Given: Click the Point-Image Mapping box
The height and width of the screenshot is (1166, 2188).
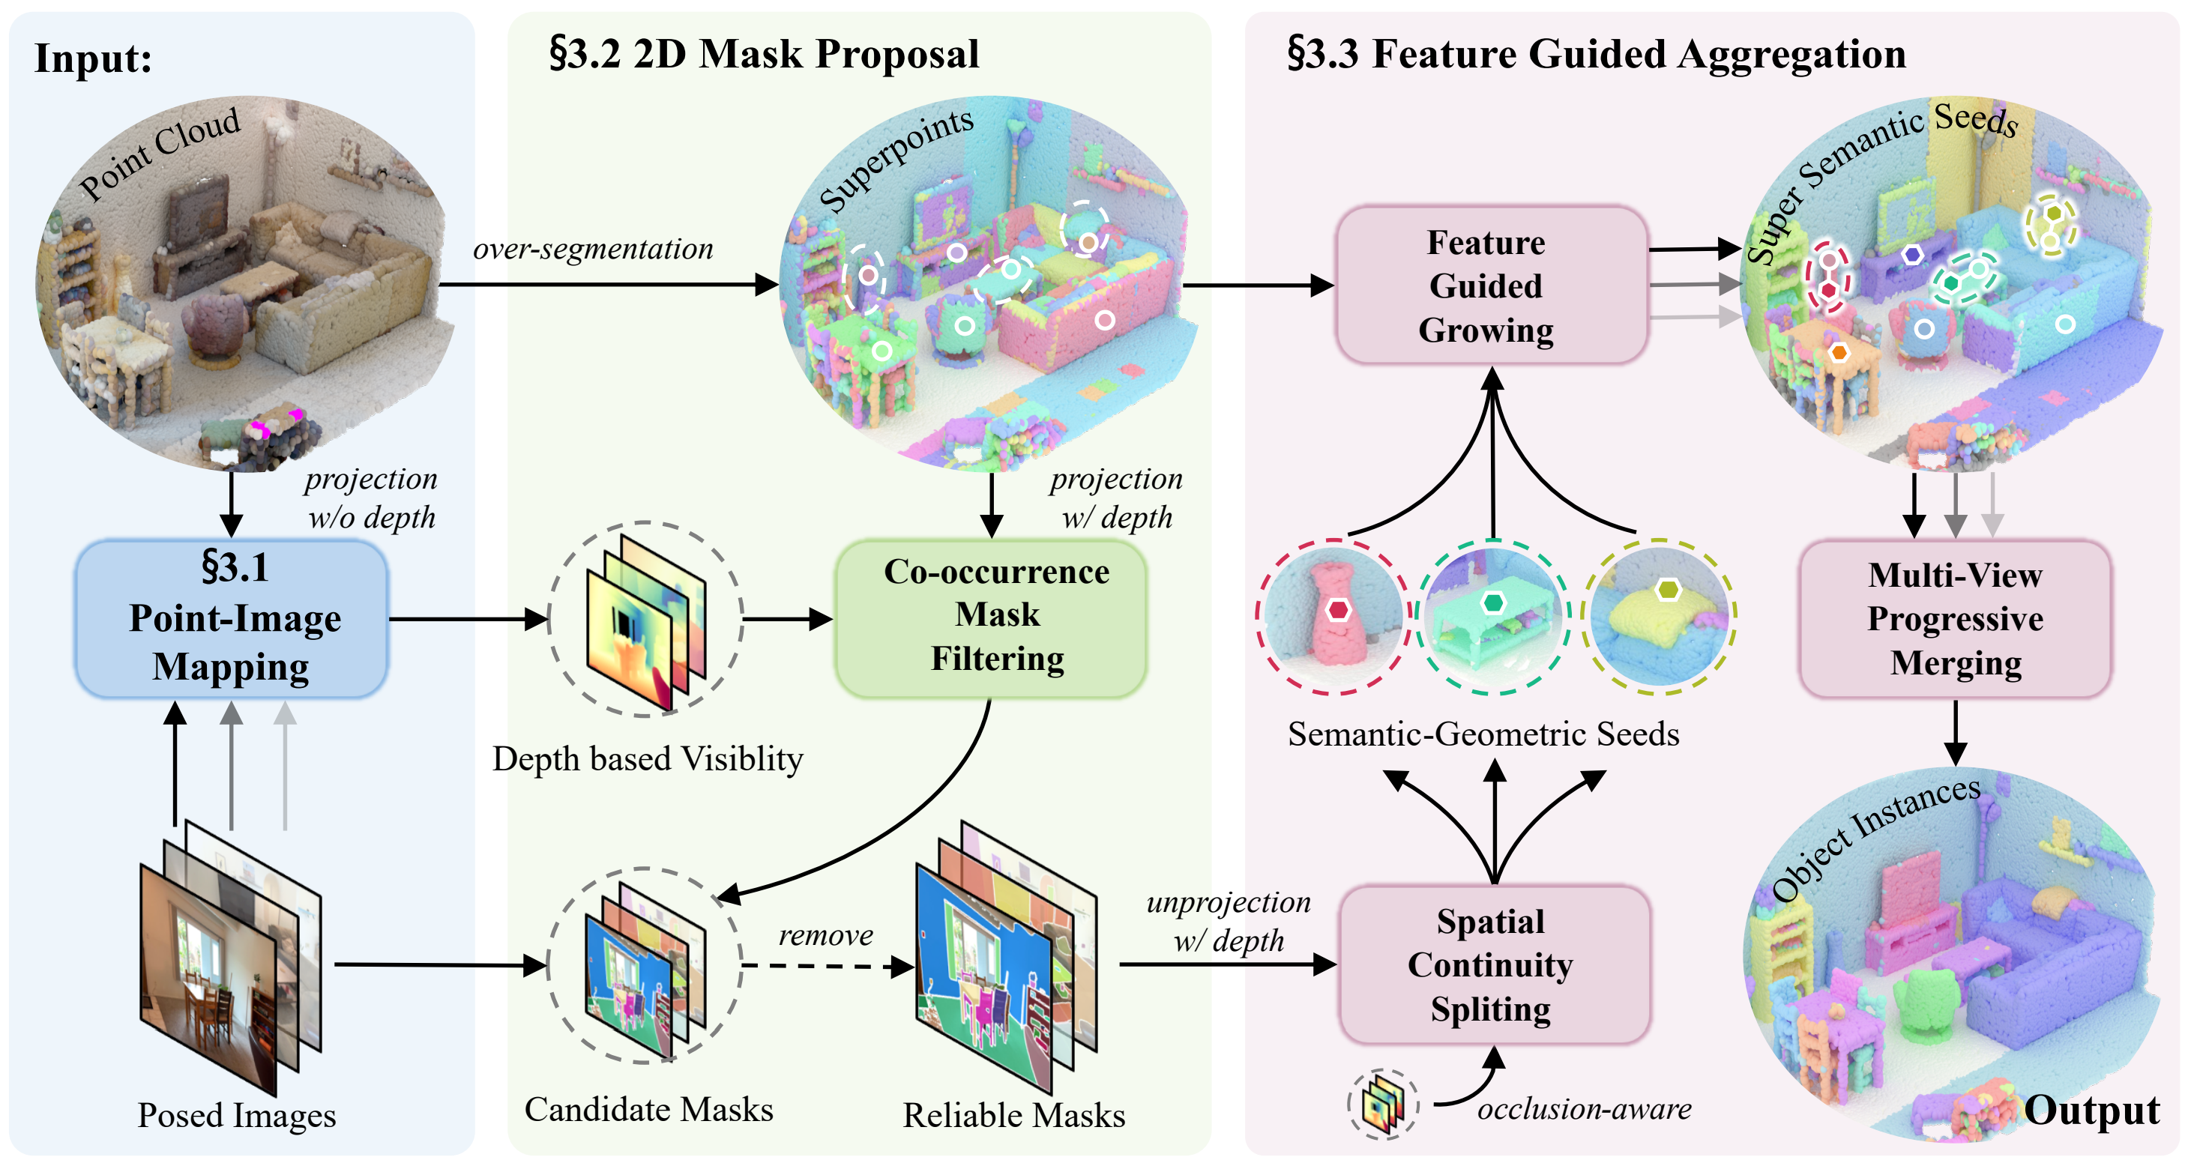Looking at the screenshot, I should (232, 618).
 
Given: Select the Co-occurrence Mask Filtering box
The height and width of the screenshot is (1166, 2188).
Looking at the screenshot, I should (991, 618).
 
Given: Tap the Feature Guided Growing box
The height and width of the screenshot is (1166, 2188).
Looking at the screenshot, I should (1492, 286).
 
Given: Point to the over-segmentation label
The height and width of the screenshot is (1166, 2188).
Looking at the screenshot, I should (593, 249).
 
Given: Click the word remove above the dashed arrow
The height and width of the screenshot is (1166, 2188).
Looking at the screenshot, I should (825, 935).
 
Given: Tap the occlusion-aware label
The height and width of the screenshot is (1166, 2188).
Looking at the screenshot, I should (1584, 1108).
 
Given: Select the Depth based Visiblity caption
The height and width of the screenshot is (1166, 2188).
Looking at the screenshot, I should (647, 758).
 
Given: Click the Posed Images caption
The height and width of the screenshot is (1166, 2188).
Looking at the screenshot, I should (237, 1115).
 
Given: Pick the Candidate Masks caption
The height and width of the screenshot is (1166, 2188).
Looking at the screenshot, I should (649, 1109).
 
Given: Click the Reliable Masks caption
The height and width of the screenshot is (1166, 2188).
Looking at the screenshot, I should (1014, 1115).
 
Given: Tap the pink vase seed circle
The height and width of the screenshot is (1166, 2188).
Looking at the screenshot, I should (1333, 617).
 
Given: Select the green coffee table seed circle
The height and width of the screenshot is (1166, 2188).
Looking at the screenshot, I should (1492, 617).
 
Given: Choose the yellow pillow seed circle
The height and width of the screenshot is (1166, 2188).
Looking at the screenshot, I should (1659, 617).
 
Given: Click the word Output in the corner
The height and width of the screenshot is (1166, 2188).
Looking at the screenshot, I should (2091, 1110).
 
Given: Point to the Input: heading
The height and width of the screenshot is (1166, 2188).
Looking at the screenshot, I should (94, 59).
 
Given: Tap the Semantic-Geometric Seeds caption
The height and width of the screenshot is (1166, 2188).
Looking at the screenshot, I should (1483, 734).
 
